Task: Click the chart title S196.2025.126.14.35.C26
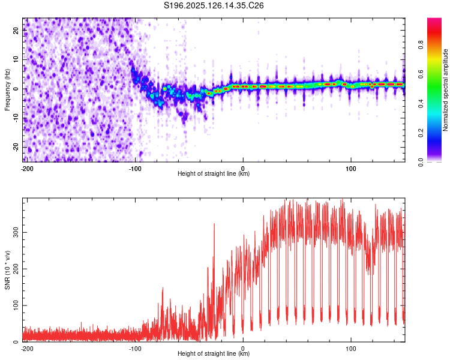[x=214, y=5]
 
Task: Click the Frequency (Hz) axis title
[x=7, y=90]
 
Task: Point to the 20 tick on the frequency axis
[x=16, y=30]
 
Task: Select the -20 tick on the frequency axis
[x=16, y=148]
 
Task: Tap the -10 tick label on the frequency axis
[x=16, y=118]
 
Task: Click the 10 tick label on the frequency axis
[x=16, y=59]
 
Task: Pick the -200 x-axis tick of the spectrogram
[x=27, y=169]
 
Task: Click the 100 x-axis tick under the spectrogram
[x=351, y=169]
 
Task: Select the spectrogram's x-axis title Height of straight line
[x=214, y=173]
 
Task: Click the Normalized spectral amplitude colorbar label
[x=445, y=90]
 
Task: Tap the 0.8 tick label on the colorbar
[x=421, y=45]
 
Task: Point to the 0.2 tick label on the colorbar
[x=421, y=133]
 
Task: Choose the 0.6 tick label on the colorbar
[x=421, y=74]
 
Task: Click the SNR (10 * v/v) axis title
[x=7, y=270]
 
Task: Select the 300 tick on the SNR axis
[x=16, y=232]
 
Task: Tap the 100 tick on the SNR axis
[x=16, y=305]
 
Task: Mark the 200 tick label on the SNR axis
[x=16, y=269]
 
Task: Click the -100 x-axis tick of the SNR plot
[x=135, y=349]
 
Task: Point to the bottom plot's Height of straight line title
[x=214, y=353]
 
